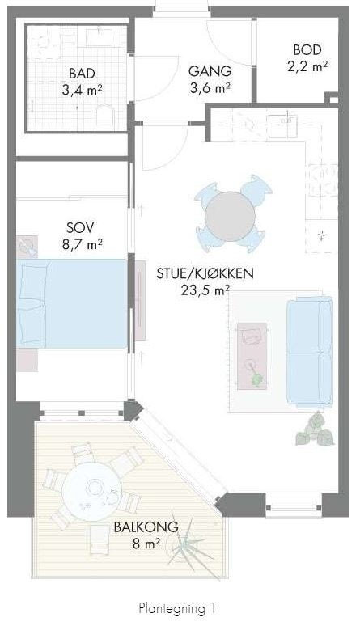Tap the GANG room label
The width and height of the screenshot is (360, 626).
210,71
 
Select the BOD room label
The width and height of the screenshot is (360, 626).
307,50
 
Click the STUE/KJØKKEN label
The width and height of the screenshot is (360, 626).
205,274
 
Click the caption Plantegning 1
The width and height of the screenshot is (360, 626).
177,607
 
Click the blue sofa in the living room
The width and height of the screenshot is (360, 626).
313,352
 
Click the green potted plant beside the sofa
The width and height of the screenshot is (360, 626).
314,430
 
